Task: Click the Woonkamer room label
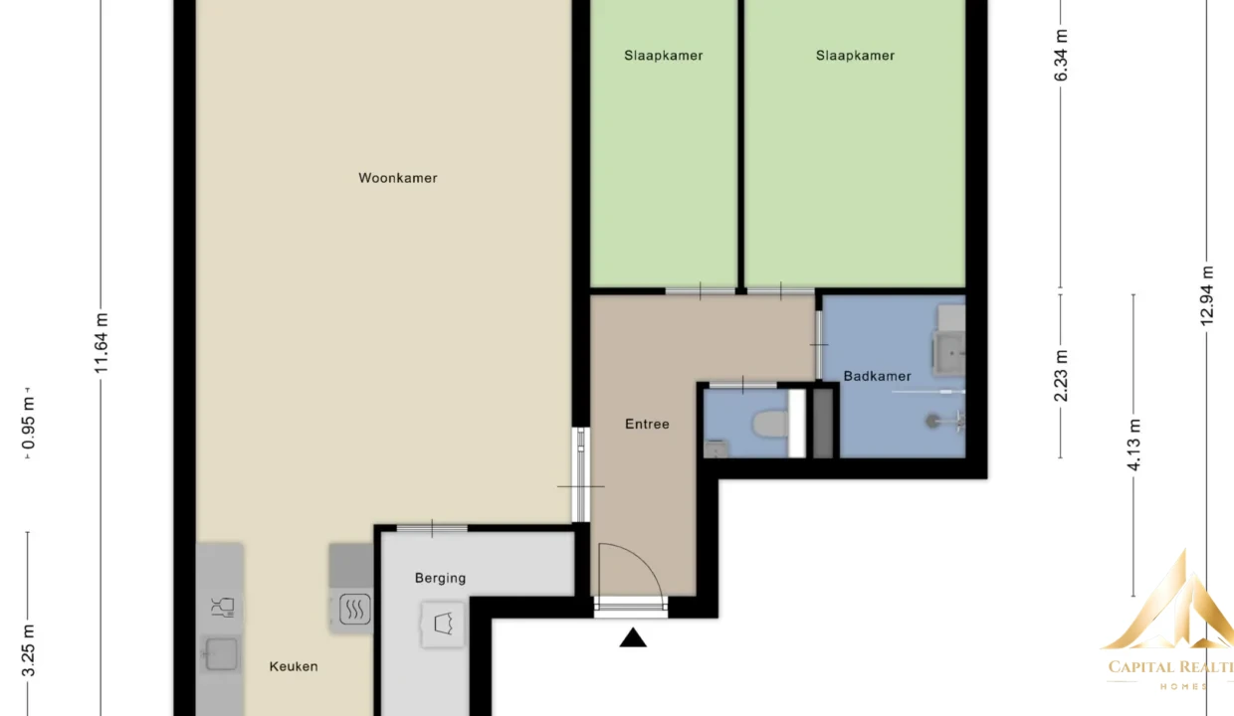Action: click(x=398, y=178)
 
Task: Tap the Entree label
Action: click(x=647, y=425)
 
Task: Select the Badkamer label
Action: click(x=877, y=377)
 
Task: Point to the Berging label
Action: click(x=440, y=579)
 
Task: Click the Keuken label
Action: click(x=294, y=666)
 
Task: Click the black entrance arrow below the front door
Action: click(x=633, y=637)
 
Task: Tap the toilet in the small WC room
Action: click(x=770, y=425)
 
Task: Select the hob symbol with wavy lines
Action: click(x=354, y=610)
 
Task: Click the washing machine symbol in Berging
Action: click(x=443, y=625)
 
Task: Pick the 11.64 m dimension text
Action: click(x=102, y=343)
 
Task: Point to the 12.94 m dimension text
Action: click(x=1206, y=296)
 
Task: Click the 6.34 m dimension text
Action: click(x=1061, y=55)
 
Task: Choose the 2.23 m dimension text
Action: click(x=1061, y=376)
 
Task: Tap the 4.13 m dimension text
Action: click(x=1133, y=445)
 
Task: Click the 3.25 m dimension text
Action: click(x=28, y=650)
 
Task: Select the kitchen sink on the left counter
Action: click(x=222, y=653)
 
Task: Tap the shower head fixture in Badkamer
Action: click(x=932, y=422)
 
